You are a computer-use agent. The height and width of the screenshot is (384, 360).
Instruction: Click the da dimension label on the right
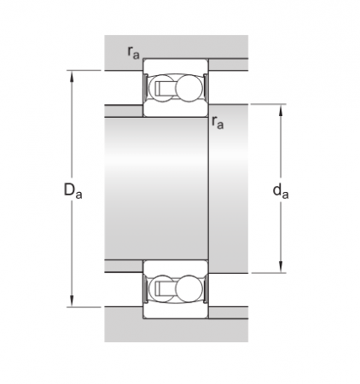pos(280,190)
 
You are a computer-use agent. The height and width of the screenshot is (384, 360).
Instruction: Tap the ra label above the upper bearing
pos(133,52)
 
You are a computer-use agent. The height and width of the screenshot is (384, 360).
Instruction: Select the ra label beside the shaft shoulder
pos(218,123)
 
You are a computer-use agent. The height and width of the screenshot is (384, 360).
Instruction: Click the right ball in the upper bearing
pos(189,88)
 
